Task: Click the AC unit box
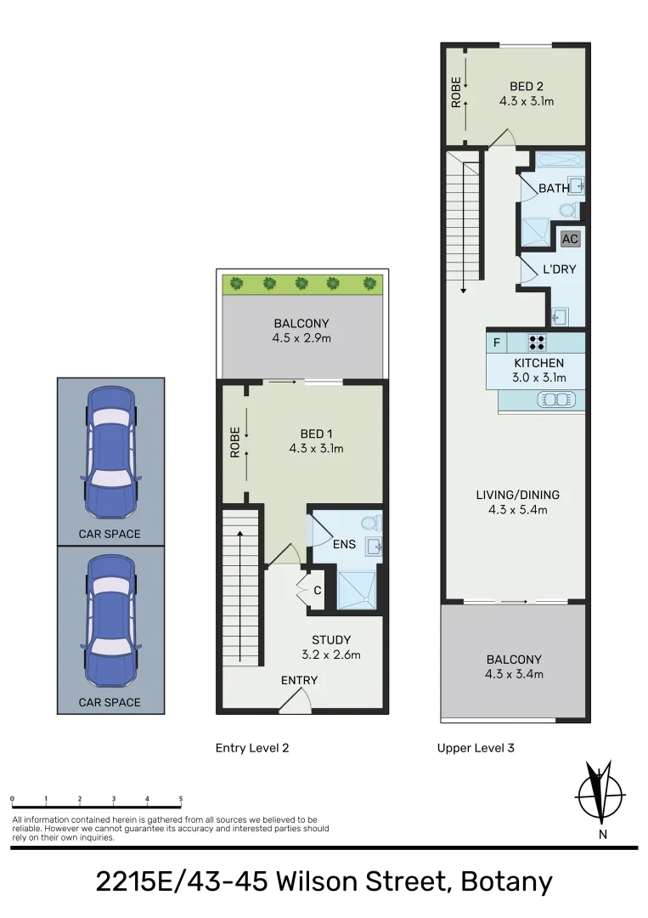tap(570, 239)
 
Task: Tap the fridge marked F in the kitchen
tap(497, 343)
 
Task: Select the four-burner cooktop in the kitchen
tap(537, 343)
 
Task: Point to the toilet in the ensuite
tap(369, 524)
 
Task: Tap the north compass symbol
tap(601, 796)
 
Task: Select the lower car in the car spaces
tap(110, 620)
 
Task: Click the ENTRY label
tap(299, 681)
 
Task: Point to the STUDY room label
tap(330, 640)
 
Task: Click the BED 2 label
tap(526, 87)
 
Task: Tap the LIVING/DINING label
tap(517, 495)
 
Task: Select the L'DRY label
tap(560, 269)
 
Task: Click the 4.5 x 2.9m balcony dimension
tap(301, 338)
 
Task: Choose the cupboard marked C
tap(316, 590)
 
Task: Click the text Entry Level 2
tap(252, 748)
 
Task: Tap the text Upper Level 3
tap(475, 748)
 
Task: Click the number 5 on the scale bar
tap(181, 799)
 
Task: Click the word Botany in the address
tap(506, 882)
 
